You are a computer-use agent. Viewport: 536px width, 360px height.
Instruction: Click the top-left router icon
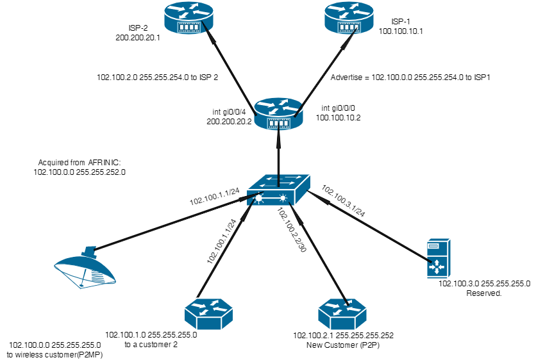(x=188, y=17)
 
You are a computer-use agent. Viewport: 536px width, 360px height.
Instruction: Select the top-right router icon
(x=349, y=17)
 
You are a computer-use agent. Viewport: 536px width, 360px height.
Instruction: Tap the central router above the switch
(x=278, y=113)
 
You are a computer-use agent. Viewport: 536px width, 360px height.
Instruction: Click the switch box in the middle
(x=278, y=190)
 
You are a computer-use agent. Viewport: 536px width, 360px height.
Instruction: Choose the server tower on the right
(x=439, y=258)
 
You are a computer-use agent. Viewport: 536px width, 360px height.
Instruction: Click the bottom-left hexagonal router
(x=208, y=314)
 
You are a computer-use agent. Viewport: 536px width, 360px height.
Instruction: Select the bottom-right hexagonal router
(x=342, y=314)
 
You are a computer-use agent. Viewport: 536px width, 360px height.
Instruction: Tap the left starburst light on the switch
(x=259, y=199)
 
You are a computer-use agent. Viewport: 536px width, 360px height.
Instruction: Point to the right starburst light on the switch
(x=283, y=199)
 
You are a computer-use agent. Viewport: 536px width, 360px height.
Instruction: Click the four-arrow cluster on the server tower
(x=437, y=266)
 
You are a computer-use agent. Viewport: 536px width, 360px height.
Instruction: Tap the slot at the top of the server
(x=433, y=245)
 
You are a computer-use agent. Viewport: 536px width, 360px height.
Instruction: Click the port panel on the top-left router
(x=189, y=28)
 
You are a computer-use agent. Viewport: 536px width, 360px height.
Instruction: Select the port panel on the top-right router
(x=349, y=28)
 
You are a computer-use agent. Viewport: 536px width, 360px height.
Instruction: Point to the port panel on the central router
(x=279, y=124)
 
